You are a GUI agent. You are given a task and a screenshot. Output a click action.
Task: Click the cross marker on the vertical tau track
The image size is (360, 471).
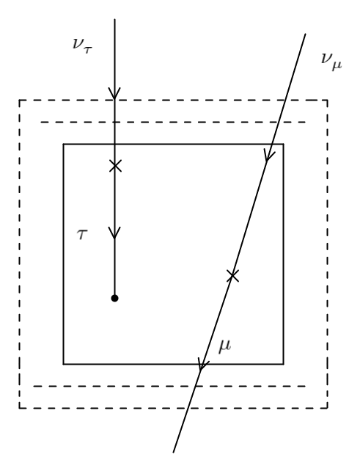114,166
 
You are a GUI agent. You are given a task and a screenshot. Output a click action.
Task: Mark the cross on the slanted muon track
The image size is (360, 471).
232,276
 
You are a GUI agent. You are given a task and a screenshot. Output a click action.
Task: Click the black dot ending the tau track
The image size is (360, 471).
114,298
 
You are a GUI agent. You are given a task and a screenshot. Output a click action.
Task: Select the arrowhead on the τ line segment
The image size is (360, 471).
114,234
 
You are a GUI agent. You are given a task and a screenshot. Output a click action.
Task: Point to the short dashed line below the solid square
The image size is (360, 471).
173,386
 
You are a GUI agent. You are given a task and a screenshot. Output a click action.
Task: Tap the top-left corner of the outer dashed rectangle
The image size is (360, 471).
19,100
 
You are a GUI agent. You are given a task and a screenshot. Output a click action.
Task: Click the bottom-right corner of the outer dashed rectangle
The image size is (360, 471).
327,408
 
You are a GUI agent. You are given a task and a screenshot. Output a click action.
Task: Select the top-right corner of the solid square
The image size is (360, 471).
283,144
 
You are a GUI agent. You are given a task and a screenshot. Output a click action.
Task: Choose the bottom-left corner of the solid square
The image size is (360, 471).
63,364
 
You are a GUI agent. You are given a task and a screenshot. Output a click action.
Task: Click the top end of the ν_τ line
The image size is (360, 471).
114,20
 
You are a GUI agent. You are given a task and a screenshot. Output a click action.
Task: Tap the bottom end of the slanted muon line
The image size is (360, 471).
173,451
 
